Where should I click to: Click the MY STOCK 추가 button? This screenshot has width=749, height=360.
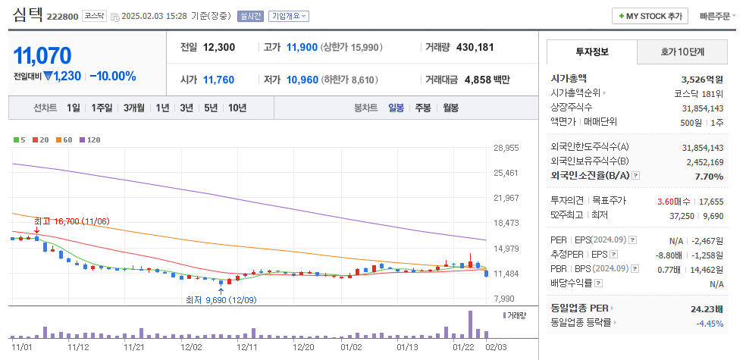coord(650,16)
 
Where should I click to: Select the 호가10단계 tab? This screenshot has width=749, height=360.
coord(682,52)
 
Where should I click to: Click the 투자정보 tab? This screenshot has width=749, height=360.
coord(592,52)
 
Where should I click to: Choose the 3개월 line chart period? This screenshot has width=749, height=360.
coord(134,108)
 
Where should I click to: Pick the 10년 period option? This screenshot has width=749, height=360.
coord(237,108)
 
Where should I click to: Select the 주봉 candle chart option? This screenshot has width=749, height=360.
coord(423,108)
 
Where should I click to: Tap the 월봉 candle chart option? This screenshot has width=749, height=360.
coord(450,108)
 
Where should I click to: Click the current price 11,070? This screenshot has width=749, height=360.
coord(42,55)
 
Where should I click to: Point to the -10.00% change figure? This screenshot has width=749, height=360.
coord(112,76)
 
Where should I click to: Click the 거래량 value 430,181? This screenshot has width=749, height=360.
coord(475,47)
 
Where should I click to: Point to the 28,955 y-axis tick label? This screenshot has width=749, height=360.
coord(506,148)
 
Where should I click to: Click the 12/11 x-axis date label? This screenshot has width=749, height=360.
coord(248,346)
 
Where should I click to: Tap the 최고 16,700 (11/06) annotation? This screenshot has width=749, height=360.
coord(72,221)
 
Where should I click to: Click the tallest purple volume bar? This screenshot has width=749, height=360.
coord(471,324)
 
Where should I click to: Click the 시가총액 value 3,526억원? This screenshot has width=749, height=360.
coord(702,78)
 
